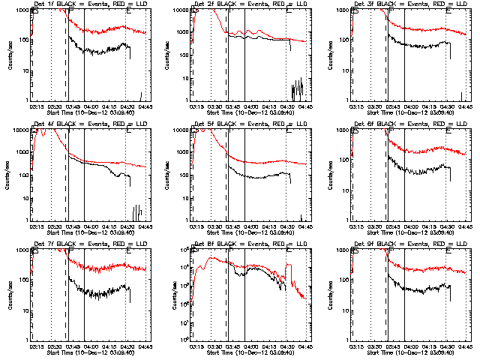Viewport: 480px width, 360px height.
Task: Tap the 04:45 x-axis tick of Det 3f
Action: pyautogui.click(x=465, y=106)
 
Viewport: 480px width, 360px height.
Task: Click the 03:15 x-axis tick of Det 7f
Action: pyautogui.click(x=37, y=346)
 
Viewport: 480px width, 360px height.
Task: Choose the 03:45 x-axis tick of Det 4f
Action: pyautogui.click(x=73, y=226)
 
